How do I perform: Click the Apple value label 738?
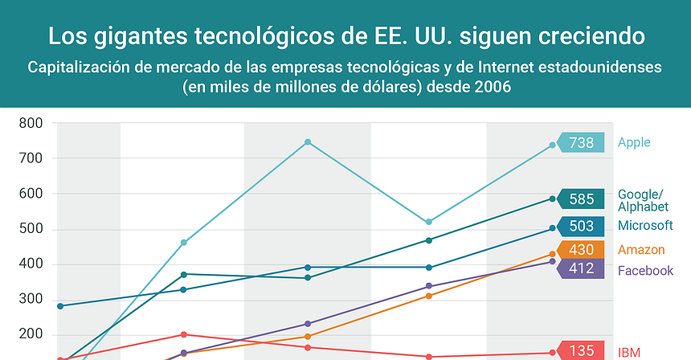coord(581,143)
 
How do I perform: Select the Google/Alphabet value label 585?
coord(581,198)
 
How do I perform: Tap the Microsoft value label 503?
coord(581,227)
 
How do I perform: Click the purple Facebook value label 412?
coord(581,268)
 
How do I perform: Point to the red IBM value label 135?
coord(581,351)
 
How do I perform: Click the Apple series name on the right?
coord(634,143)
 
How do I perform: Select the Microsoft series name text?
coord(644,225)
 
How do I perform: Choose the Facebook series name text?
coord(644,271)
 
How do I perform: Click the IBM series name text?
coord(628,352)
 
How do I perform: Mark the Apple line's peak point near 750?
coord(307,142)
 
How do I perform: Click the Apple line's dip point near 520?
coord(429,222)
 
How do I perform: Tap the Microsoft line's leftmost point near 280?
coord(60,306)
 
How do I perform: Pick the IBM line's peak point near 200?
coord(184,334)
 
